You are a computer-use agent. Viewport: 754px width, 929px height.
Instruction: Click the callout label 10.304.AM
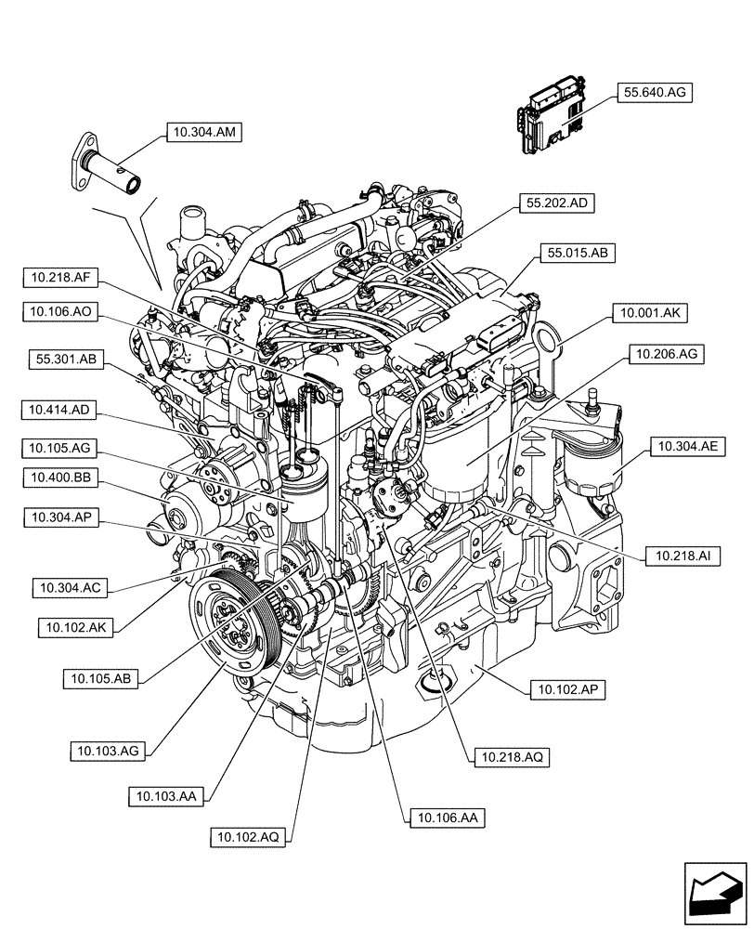click(x=203, y=133)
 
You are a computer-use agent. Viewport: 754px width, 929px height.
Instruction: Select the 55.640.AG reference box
click(x=655, y=93)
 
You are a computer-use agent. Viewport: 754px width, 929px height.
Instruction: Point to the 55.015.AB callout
click(x=577, y=253)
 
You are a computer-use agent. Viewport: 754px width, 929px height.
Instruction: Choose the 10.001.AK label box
click(x=648, y=315)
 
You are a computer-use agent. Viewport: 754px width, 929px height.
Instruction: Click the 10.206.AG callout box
click(x=667, y=354)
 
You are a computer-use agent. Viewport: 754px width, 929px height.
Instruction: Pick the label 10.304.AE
click(x=687, y=447)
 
